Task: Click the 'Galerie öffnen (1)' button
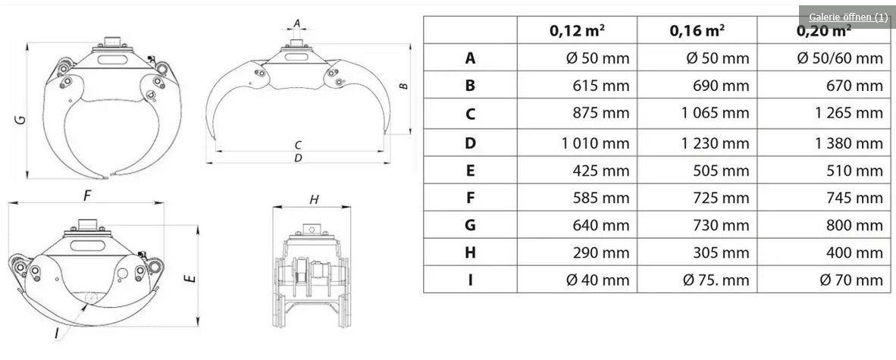[847, 17]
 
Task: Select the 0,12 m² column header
[577, 30]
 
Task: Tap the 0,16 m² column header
[697, 30]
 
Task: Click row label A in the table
[470, 58]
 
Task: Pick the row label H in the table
[470, 252]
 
